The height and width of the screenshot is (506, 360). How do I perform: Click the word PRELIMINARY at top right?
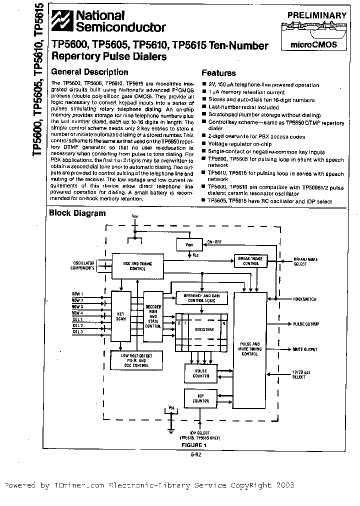(x=316, y=15)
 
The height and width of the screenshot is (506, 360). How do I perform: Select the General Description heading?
(x=90, y=72)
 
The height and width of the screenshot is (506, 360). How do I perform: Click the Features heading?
(x=218, y=73)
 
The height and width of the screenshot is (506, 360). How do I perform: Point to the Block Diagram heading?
(x=77, y=213)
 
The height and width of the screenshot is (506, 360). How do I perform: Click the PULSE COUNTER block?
(x=201, y=372)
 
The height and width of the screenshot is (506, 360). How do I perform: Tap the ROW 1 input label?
(x=77, y=293)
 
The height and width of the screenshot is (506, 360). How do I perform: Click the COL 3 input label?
(x=77, y=331)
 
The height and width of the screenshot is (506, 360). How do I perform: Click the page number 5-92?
(x=196, y=455)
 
